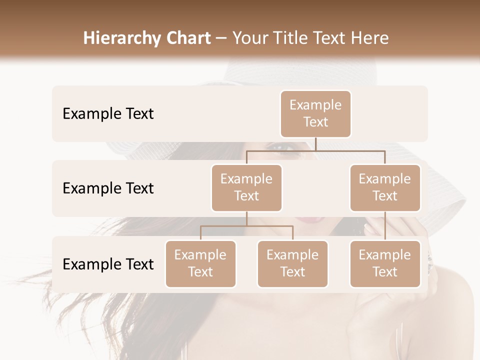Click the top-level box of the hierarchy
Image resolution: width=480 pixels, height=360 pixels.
coord(315,114)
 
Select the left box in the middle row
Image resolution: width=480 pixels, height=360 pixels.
coord(246,188)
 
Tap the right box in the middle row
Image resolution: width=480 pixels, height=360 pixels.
coord(385,188)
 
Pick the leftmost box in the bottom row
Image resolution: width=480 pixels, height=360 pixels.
coord(200,264)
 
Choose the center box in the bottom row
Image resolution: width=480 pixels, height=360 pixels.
coord(292,264)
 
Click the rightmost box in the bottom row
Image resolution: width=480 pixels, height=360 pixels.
coord(385,264)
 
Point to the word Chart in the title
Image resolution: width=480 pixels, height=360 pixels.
coord(186,38)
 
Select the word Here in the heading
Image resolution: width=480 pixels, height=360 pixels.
coord(370,38)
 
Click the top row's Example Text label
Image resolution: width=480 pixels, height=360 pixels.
coord(108,114)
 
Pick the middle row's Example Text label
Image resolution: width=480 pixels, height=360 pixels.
coord(108,188)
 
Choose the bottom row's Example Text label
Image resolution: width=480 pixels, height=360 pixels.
coord(108,264)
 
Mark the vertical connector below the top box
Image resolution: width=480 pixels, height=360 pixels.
coord(315,144)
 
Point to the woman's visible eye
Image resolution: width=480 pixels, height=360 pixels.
coord(282,147)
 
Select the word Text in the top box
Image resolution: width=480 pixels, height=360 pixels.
coord(315,122)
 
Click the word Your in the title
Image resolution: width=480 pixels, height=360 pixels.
coord(249,38)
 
